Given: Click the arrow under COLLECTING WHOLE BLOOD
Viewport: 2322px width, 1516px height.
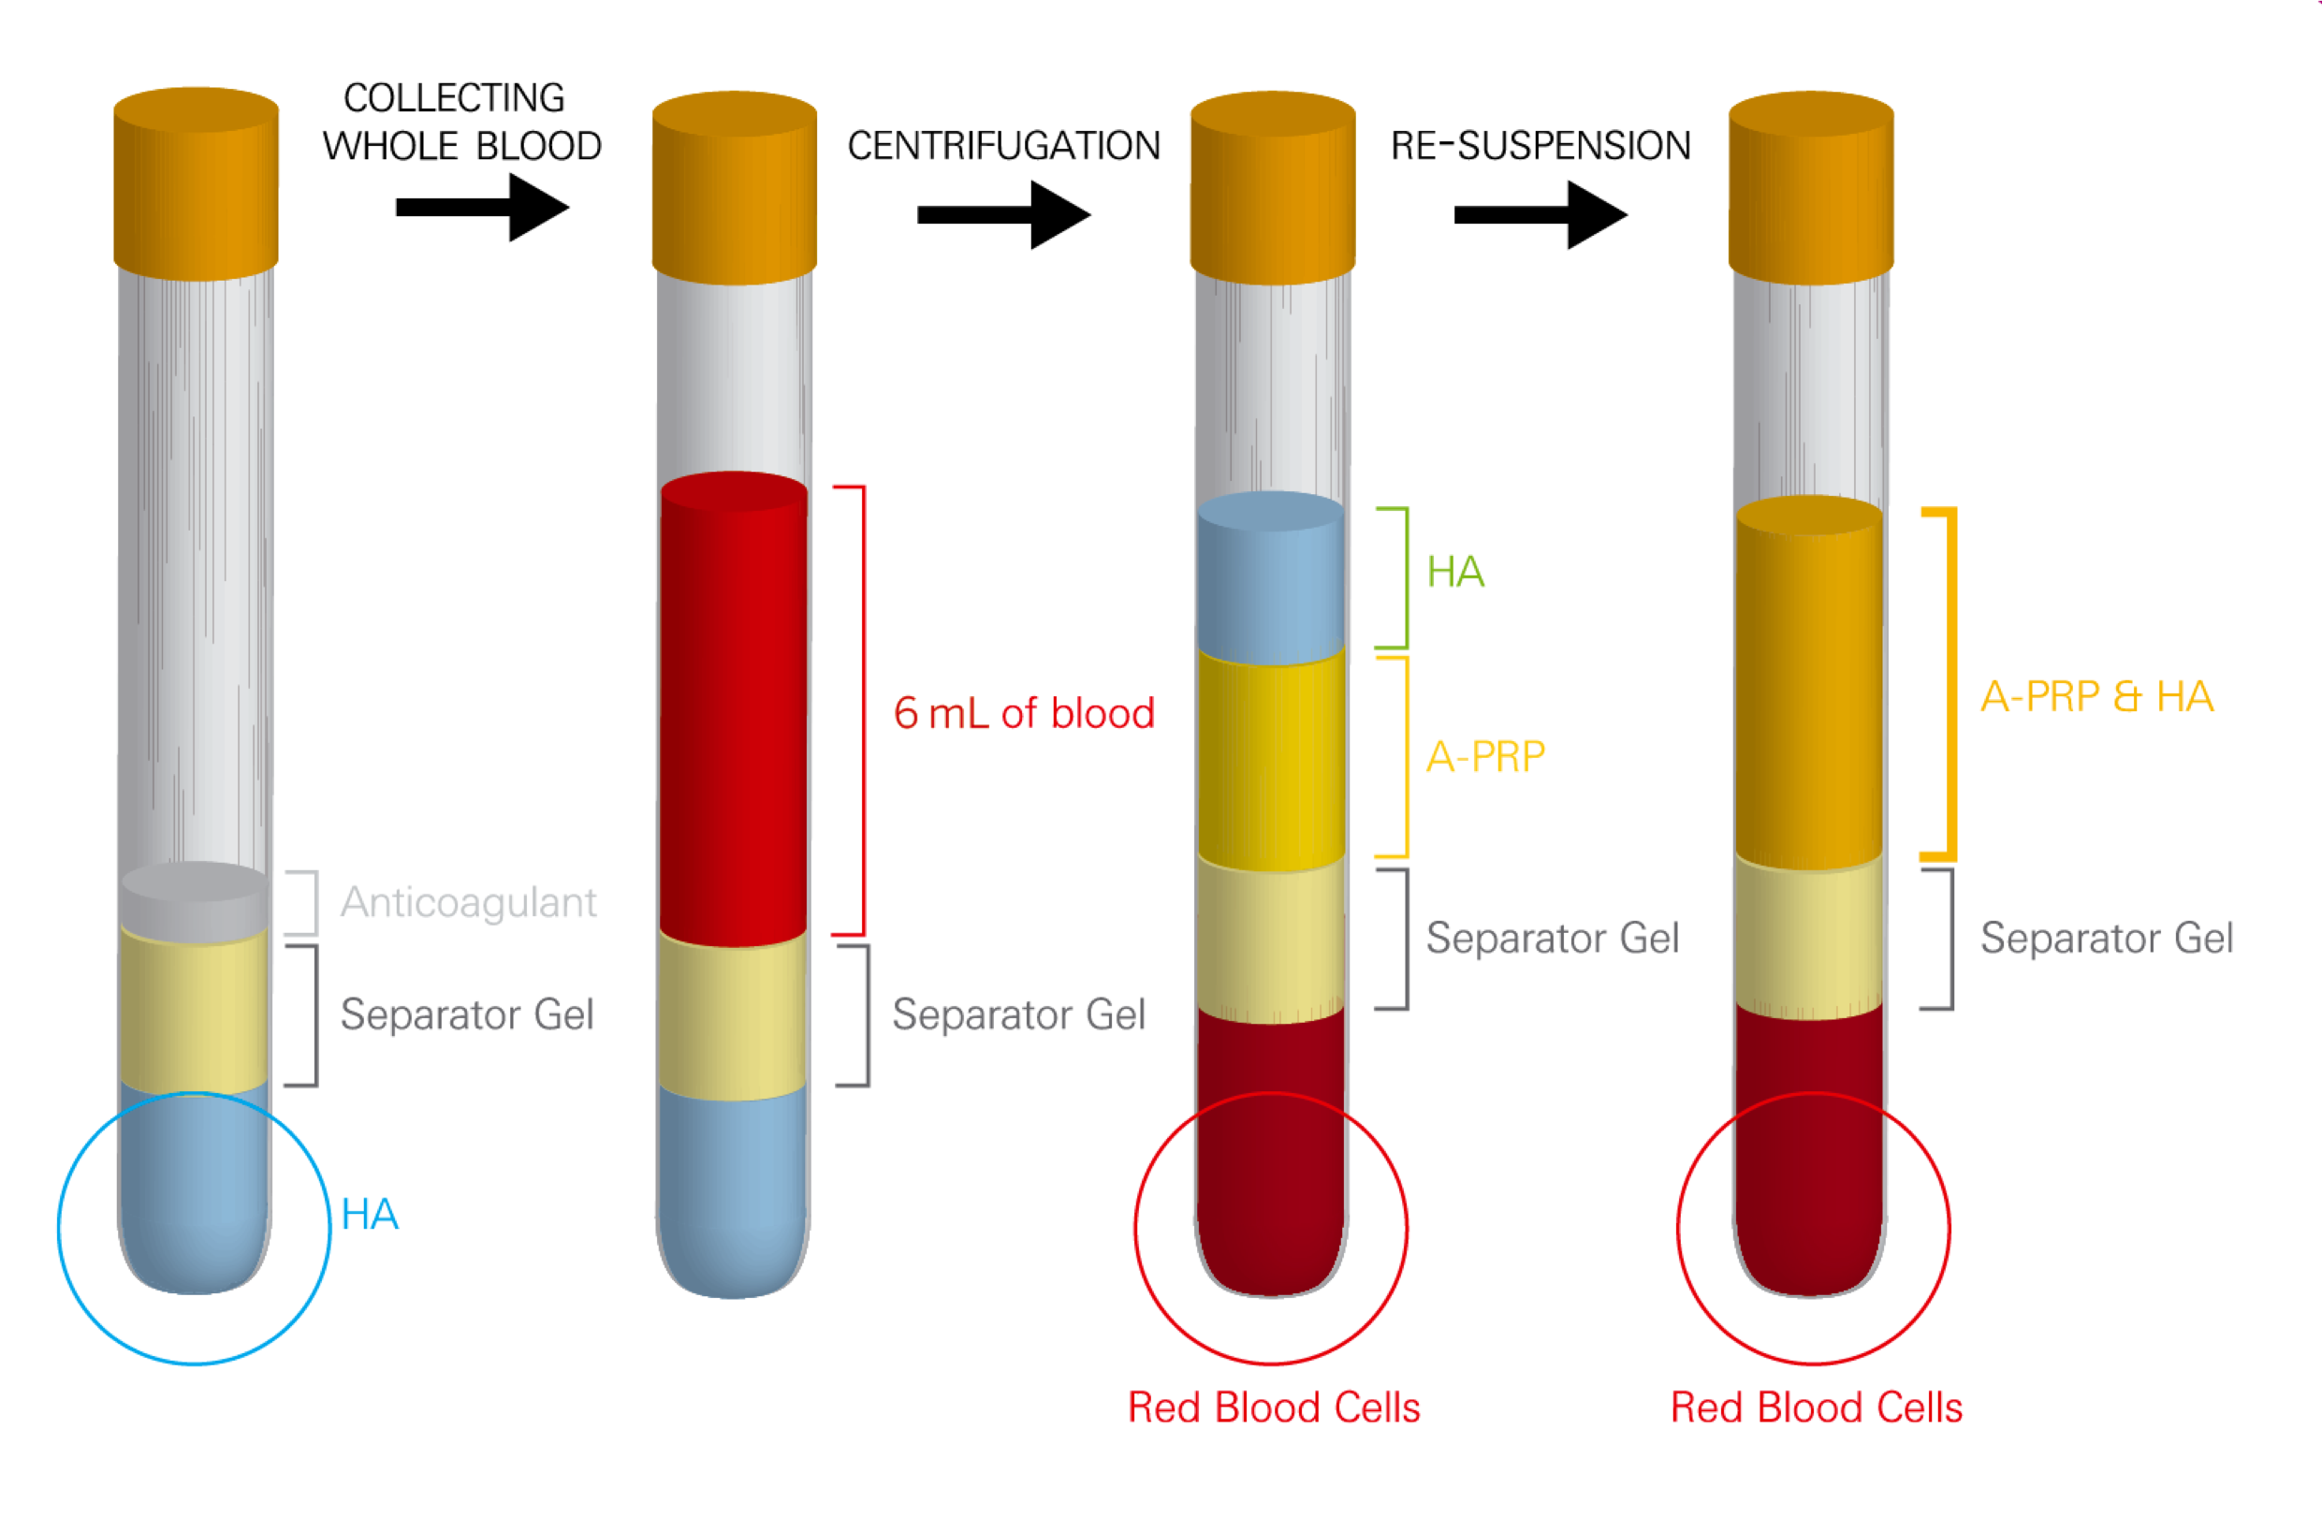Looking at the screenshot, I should tap(483, 207).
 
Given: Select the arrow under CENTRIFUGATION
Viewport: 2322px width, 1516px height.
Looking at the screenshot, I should tap(1004, 214).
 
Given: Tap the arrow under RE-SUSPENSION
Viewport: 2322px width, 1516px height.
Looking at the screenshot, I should tap(1541, 214).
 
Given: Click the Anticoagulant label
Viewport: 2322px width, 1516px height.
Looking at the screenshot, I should tap(468, 902).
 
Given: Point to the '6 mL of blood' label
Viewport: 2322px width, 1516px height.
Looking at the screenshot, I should tap(1024, 713).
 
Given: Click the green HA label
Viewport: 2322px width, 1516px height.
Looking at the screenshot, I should tap(1454, 572).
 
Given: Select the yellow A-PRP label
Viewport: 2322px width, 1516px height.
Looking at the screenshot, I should tap(1485, 757).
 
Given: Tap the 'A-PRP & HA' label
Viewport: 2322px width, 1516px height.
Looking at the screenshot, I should tap(2096, 696).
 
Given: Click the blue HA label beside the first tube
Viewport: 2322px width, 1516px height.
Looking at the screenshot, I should tap(370, 1215).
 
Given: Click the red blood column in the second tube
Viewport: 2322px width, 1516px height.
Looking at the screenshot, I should tap(734, 712).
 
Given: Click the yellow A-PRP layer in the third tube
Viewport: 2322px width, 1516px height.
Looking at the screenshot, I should tap(1270, 761).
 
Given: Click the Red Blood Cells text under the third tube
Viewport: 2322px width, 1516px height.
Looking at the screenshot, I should tap(1273, 1407).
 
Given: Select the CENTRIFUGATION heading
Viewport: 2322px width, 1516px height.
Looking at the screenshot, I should tap(1004, 146).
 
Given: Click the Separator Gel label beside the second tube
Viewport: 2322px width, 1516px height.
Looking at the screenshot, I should tap(1018, 1014).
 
